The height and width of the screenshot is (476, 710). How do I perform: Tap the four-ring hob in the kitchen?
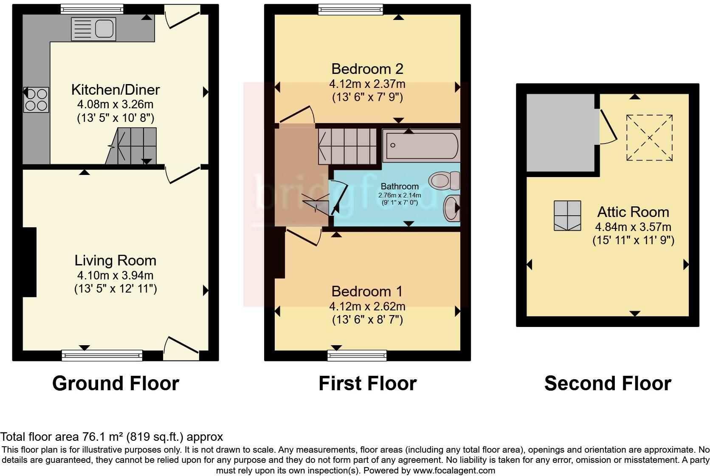[36, 99]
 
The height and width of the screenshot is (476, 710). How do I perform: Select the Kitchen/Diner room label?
[116, 90]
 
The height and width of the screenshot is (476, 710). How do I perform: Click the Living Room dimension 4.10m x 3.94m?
[116, 275]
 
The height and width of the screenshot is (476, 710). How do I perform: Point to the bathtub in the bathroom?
[420, 146]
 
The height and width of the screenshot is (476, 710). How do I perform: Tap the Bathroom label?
[399, 186]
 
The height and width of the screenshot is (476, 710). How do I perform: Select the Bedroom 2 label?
[367, 69]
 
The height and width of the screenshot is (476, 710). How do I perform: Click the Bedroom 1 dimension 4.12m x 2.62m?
[367, 306]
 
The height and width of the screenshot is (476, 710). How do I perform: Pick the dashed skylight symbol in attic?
[649, 138]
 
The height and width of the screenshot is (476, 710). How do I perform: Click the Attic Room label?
[633, 212]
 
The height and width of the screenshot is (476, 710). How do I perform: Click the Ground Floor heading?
[116, 383]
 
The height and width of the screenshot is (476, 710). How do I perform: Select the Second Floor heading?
[607, 383]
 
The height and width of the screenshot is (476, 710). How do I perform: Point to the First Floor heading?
[367, 383]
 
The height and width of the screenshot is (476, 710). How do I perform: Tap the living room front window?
[102, 355]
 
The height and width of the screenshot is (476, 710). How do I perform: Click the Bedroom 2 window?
[351, 9]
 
